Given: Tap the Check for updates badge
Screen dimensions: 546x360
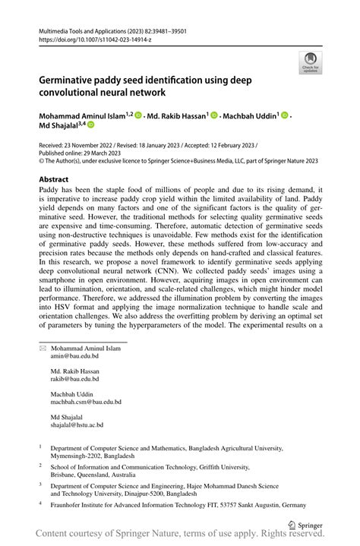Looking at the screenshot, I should tap(309, 63).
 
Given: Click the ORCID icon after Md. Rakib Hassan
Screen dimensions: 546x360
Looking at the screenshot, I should tap(214, 115).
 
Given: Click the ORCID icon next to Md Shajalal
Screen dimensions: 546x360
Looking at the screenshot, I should tap(90, 125).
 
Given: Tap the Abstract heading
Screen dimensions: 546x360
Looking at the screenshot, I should tap(58, 179).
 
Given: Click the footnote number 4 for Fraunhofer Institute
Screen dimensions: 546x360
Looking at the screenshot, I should tap(41, 503).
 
